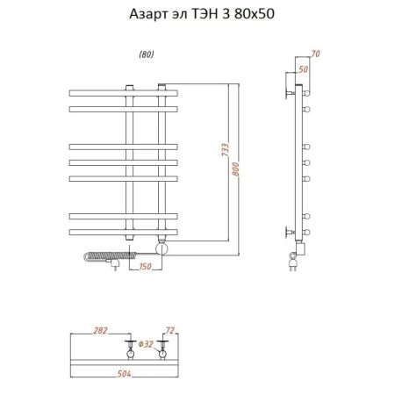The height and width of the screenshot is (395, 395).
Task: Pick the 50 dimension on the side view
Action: click(303, 68)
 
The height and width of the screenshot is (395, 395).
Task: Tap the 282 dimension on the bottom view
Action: click(101, 331)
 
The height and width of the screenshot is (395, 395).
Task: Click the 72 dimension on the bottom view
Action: click(169, 331)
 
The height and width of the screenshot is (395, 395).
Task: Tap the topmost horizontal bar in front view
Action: click(123, 91)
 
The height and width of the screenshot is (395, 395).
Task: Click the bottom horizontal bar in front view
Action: click(123, 232)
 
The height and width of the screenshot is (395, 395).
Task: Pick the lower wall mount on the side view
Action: click(291, 232)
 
